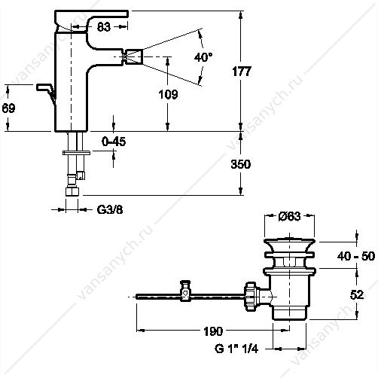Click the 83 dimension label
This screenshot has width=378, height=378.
104,26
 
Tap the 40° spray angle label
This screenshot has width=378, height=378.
203,57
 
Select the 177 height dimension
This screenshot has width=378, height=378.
242,72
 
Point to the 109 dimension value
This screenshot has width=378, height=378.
169,94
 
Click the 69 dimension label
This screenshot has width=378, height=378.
8,108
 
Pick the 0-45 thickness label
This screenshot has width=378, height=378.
114,142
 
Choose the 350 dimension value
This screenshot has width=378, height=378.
241,164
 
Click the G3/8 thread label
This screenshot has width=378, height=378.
110,210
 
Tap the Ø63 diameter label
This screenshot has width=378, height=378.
289,216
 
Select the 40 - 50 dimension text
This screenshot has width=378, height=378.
356,256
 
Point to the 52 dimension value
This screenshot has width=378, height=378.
357,294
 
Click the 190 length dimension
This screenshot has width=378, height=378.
213,331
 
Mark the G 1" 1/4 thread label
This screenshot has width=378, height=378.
236,349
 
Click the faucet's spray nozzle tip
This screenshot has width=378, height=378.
133,56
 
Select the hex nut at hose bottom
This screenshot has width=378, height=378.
72,191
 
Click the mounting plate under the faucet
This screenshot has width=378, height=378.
76,153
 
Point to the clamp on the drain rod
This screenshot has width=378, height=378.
185,291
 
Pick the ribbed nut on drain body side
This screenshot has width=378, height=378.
251,297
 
